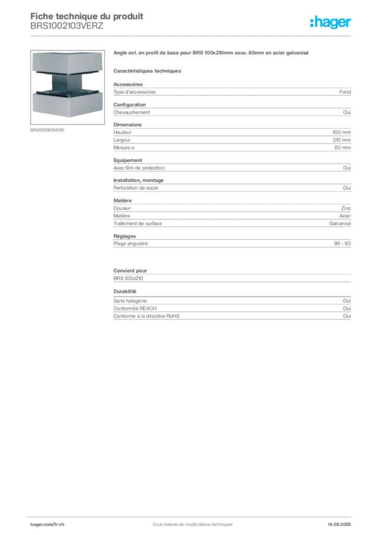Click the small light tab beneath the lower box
point(66,118)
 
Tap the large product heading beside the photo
point(212,54)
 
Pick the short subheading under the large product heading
point(148,71)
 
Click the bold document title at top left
point(87,15)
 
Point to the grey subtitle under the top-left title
point(67,30)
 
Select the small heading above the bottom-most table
point(125,292)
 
